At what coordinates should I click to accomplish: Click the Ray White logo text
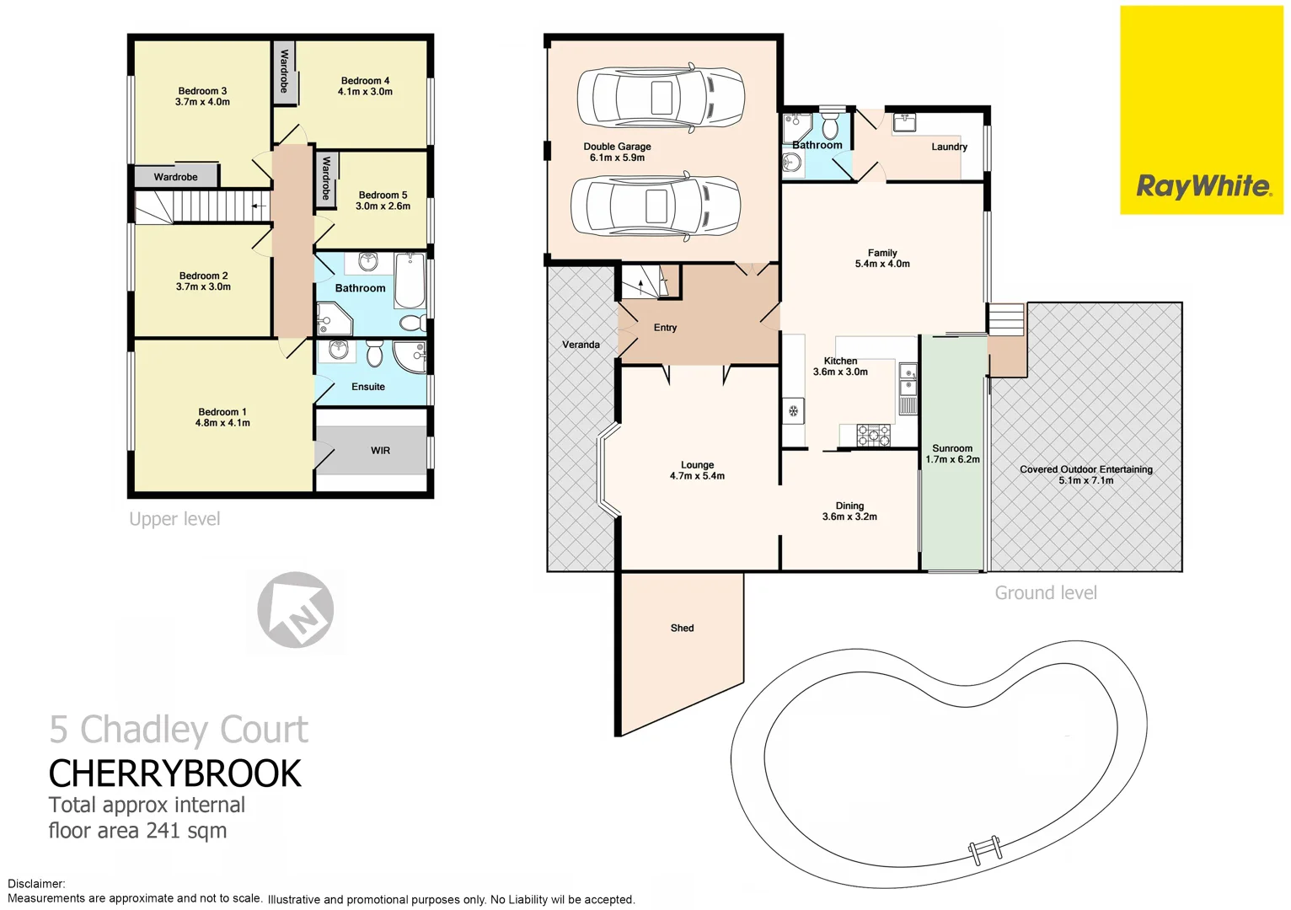[x=1203, y=186]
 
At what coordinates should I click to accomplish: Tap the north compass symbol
[x=296, y=610]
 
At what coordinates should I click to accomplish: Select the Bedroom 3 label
[x=202, y=91]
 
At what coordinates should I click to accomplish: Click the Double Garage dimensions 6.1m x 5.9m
[x=617, y=158]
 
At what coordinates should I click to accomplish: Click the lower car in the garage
[x=656, y=206]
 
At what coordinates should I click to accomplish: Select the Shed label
[x=682, y=628]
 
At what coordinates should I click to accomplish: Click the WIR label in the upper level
[x=380, y=451]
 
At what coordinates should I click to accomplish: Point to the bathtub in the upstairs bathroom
[x=410, y=281]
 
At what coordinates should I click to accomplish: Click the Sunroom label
[x=952, y=448]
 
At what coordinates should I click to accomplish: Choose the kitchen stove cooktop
[x=874, y=435]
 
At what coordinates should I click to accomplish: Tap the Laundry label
[x=949, y=147]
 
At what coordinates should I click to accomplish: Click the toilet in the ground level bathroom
[x=830, y=126]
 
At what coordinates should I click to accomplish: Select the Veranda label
[x=581, y=345]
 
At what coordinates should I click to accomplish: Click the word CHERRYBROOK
[x=174, y=773]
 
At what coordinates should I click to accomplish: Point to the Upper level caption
[x=174, y=519]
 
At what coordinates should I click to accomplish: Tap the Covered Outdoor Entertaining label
[x=1085, y=469]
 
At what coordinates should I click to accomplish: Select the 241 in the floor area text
[x=163, y=831]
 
